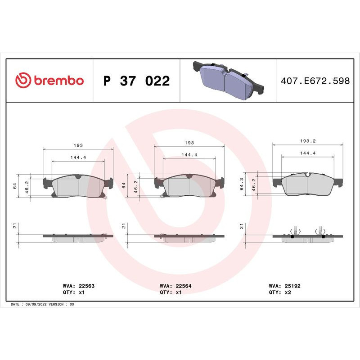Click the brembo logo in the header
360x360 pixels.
[49, 81]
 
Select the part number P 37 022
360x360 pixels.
[136, 81]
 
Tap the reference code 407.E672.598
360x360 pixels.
[315, 81]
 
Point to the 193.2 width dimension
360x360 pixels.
[308, 141]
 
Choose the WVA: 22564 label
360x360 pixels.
[175, 286]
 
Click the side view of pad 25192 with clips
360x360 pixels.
[308, 234]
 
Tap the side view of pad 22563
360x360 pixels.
[78, 237]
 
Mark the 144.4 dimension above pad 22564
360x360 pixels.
[189, 154]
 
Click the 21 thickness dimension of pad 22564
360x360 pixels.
[123, 226]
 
